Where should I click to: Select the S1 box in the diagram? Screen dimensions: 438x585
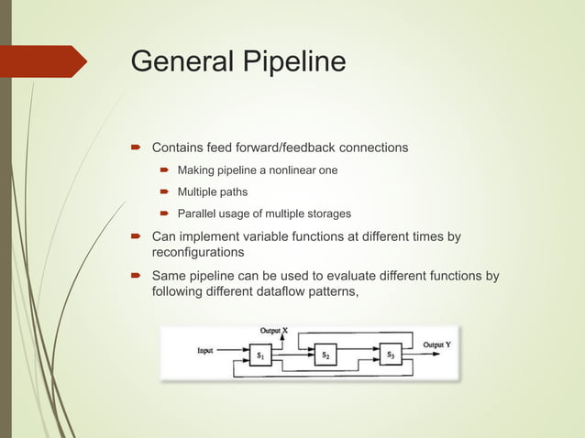tap(260, 354)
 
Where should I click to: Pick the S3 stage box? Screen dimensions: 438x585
tap(391, 354)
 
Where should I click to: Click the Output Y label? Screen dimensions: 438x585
tap(436, 345)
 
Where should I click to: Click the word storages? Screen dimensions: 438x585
tap(328, 214)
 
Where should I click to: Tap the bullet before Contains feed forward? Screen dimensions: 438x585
tap(135, 147)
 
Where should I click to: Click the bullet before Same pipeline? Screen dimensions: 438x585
tap(135, 275)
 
